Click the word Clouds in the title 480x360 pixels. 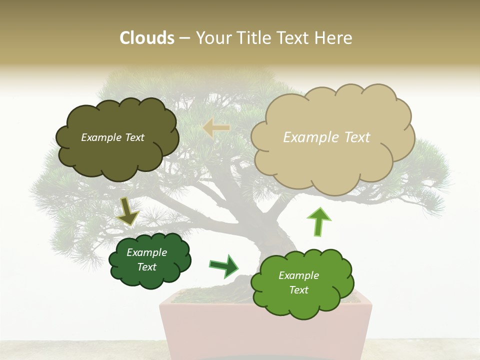coord(146,38)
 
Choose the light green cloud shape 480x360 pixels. coord(299,300)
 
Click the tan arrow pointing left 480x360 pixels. coord(216,128)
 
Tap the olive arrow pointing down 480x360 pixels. coord(128,211)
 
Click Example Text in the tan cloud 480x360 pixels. coord(326,137)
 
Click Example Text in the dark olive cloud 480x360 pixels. coord(112,137)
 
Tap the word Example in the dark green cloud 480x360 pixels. coord(146,252)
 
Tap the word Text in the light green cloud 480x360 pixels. coord(299,290)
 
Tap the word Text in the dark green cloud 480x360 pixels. coord(146,267)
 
